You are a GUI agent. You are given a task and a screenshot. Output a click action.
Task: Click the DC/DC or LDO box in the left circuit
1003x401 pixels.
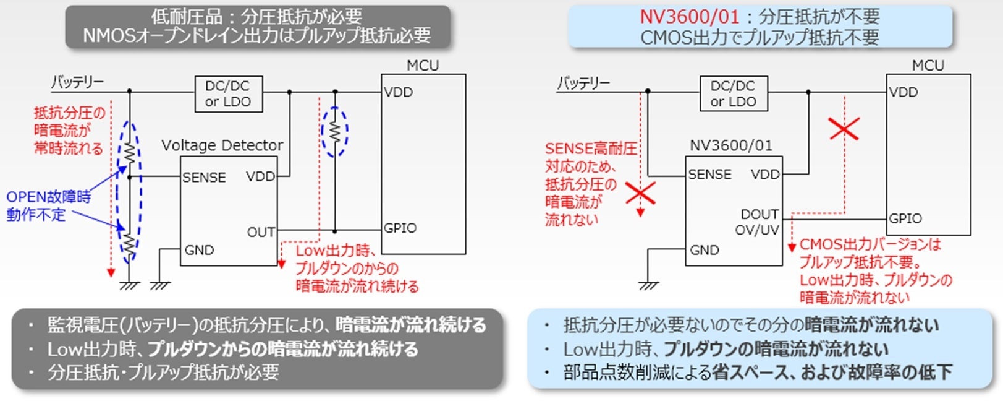(229, 94)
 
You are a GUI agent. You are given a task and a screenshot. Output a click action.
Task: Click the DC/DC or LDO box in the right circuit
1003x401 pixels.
(734, 94)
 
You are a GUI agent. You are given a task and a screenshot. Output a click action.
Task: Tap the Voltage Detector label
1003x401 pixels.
(222, 145)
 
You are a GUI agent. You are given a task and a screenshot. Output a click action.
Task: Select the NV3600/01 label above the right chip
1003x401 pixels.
(730, 145)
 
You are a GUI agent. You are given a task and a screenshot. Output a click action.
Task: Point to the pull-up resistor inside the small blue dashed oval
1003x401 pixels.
(334, 132)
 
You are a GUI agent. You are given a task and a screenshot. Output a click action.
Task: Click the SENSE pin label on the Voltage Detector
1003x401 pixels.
(204, 178)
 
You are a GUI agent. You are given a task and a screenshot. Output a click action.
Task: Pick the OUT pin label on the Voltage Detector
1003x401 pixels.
(261, 232)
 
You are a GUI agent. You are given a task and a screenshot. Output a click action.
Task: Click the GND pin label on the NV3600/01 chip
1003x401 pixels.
(705, 250)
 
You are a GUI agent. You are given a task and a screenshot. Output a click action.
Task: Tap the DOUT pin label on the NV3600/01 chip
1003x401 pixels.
(760, 214)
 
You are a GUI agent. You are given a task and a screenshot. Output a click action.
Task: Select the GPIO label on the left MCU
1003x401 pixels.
(400, 228)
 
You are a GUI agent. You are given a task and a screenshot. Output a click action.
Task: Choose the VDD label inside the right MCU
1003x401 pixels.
(904, 92)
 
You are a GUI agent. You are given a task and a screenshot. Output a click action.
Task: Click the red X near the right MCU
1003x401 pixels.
(844, 129)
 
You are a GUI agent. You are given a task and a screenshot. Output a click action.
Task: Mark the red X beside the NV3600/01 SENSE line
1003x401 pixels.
(640, 193)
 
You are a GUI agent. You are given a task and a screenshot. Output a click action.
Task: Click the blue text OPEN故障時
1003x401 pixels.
(48, 197)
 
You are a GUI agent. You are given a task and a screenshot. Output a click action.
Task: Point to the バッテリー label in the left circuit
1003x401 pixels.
(77, 82)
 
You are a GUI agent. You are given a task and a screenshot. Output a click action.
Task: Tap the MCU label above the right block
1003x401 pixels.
(928, 66)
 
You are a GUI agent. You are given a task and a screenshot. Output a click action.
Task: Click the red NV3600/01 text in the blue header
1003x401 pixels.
(689, 17)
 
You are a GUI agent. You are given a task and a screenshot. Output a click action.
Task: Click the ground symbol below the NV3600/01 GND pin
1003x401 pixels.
(648, 285)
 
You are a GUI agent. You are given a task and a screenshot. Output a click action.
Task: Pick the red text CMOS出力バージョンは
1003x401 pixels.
(870, 244)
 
